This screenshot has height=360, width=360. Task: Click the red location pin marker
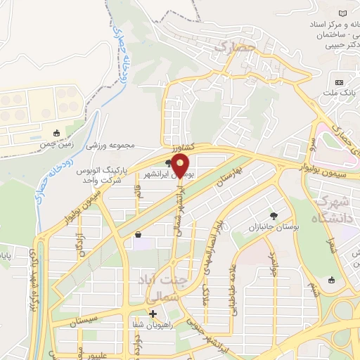181,165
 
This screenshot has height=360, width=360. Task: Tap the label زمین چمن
56,143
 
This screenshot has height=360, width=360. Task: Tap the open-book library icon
343,15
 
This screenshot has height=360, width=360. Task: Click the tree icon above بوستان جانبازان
274,215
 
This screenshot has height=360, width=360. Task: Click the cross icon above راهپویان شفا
153,314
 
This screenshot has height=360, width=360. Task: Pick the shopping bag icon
138,234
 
